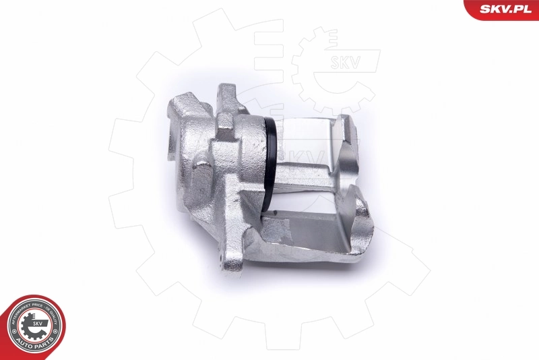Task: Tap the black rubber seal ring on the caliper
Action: (x=272, y=161)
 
